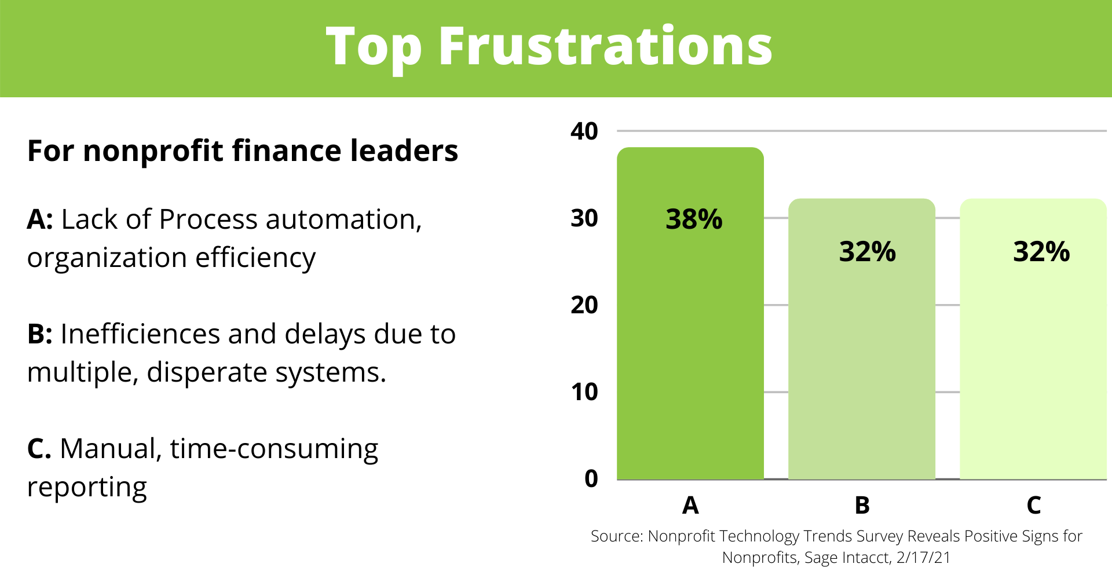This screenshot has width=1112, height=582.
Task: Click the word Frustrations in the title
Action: coord(605,46)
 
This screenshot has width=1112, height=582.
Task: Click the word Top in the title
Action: coord(374,50)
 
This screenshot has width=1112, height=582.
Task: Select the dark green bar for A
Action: coord(690,313)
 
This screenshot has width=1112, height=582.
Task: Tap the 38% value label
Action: coord(694,219)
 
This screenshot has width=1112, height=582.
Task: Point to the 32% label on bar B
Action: coord(868,251)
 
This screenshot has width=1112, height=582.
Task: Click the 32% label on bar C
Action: coord(1041,251)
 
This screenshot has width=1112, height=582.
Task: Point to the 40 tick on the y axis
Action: coord(584,131)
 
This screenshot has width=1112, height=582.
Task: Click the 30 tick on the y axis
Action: coord(584,218)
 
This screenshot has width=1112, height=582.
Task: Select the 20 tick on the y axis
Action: coord(584,305)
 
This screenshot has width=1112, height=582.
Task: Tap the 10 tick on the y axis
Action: coord(584,392)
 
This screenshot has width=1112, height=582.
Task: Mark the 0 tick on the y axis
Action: coord(591,478)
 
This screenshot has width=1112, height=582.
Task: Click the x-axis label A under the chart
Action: coord(690,506)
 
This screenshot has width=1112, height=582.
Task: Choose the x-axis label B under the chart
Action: coord(862,506)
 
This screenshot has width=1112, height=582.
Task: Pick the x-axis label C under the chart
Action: coord(1034,506)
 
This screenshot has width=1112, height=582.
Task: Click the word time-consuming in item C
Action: coord(274,450)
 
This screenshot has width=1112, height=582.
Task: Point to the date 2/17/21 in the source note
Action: coord(923,558)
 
